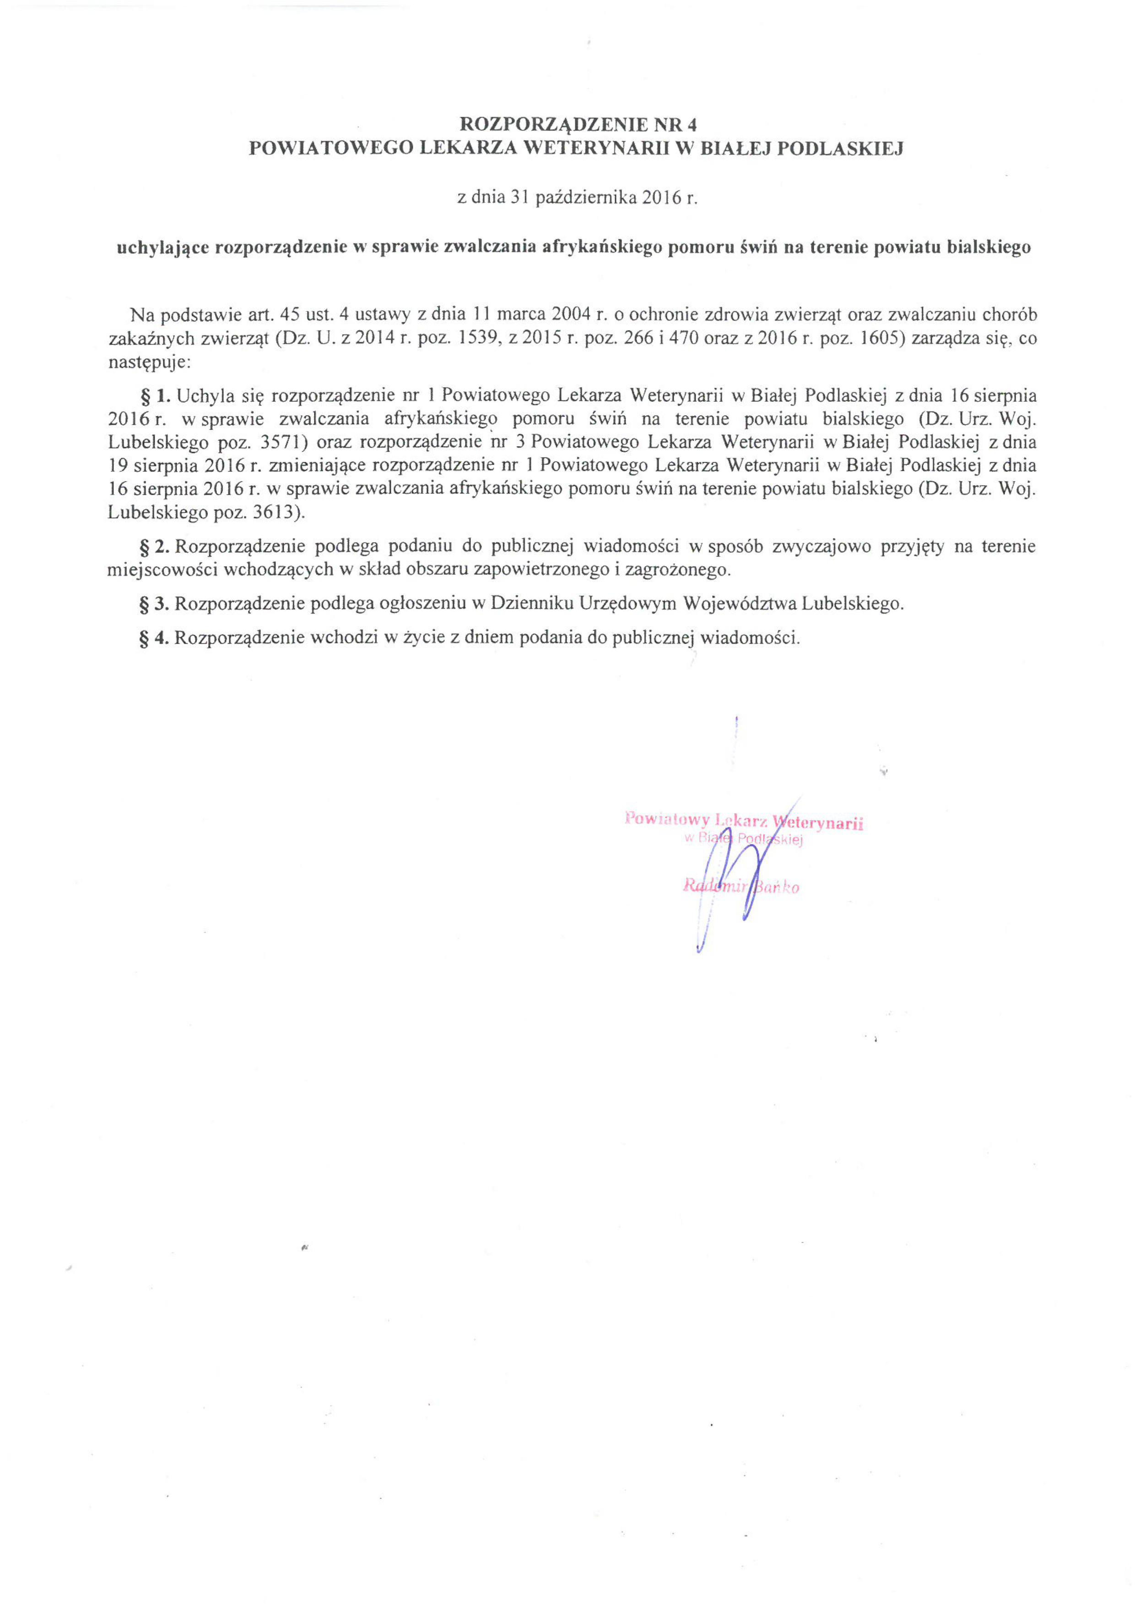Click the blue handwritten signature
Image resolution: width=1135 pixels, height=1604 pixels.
(x=741, y=874)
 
